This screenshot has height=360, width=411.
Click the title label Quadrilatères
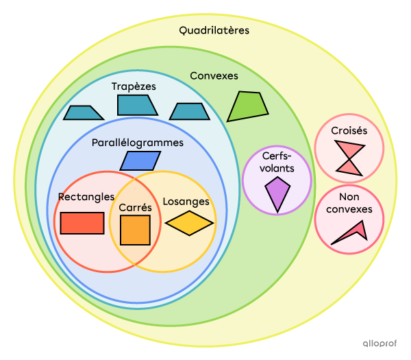214,30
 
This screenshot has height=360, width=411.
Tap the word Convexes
214,75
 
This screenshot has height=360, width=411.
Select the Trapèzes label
134,86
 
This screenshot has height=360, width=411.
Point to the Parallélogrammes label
138,143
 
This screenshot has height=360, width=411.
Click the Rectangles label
86,197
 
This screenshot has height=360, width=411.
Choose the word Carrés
135,206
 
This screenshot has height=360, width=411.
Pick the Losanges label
186,202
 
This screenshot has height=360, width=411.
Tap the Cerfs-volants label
277,162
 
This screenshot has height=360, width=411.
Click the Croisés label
349,130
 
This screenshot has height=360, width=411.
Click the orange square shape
135,230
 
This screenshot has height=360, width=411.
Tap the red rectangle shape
82,223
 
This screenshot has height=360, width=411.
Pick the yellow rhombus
189,223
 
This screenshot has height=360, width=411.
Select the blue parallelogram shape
140,160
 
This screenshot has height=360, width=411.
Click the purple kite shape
277,193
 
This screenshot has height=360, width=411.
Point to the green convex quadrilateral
247,106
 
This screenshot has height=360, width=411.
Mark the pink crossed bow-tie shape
349,158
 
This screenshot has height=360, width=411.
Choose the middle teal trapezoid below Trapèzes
137,105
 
